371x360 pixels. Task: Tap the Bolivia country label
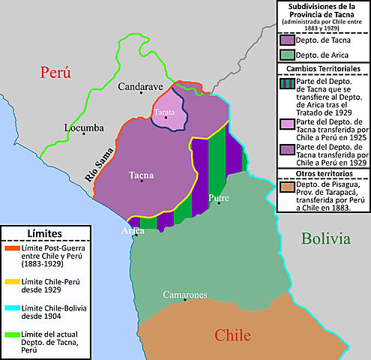pos(326,238)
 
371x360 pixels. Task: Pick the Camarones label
pos(185,295)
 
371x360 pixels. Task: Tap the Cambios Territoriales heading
pos(323,68)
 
